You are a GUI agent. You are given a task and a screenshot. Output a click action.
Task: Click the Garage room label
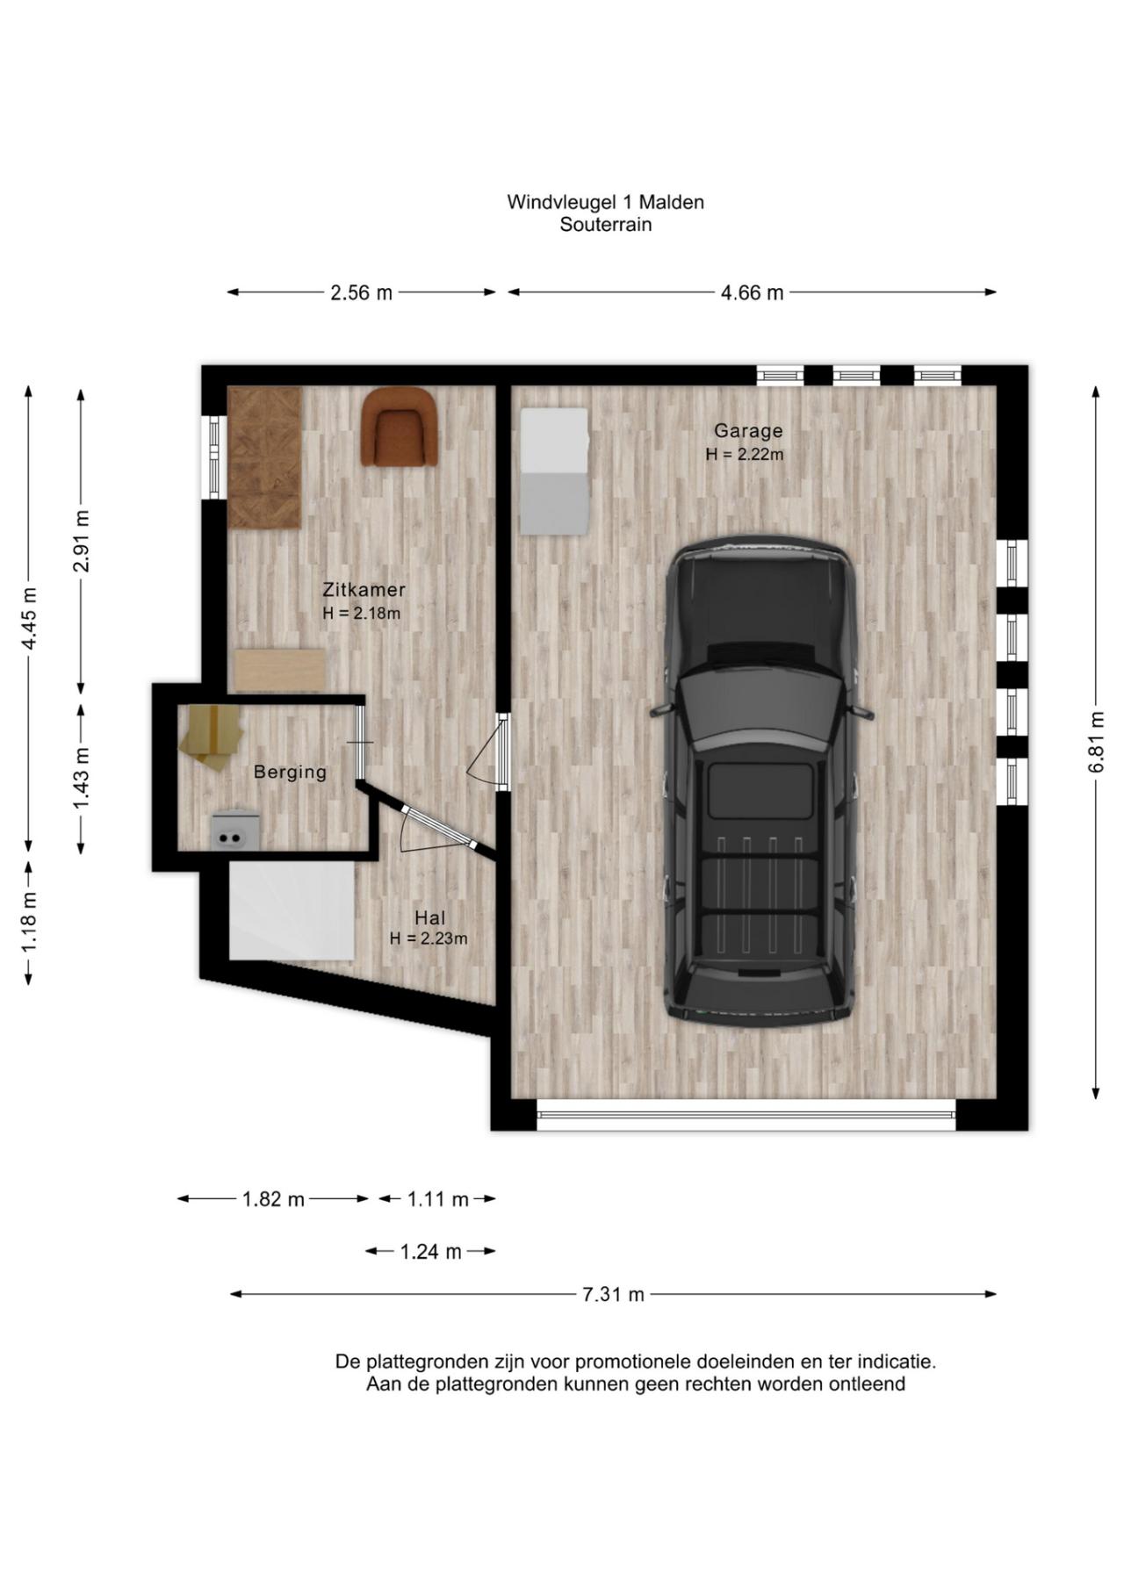click(747, 431)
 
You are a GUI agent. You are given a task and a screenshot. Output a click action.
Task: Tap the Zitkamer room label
click(364, 590)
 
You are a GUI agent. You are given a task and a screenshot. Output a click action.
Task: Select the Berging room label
click(290, 773)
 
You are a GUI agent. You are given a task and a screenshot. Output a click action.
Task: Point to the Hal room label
click(430, 918)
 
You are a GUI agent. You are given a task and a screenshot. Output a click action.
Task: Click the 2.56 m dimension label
click(361, 293)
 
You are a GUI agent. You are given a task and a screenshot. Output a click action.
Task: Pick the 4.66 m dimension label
click(752, 293)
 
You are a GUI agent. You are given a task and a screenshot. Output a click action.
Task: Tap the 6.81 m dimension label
click(1096, 743)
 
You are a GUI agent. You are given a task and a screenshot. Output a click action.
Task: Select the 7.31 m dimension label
click(613, 1294)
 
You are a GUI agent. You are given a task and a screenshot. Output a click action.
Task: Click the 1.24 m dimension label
click(430, 1252)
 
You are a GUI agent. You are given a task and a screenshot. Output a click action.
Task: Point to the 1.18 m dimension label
click(29, 921)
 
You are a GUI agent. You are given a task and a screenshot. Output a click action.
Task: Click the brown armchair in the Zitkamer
click(399, 427)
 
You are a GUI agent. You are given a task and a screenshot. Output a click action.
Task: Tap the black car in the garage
click(760, 780)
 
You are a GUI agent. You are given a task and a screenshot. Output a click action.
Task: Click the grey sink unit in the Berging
click(234, 830)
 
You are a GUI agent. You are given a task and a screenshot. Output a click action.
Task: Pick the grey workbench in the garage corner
click(554, 471)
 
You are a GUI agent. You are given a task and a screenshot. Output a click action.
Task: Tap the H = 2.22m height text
click(744, 455)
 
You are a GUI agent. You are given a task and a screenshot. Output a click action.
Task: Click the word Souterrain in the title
click(606, 225)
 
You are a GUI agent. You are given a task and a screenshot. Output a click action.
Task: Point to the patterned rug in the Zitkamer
click(264, 457)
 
